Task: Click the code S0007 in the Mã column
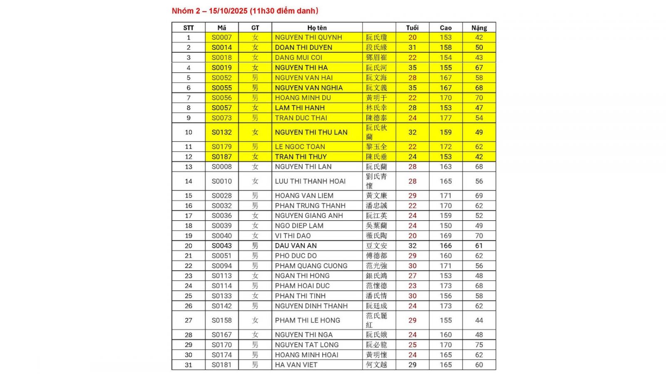(221, 37)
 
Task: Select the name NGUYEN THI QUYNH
(308, 37)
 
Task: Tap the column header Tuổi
(412, 28)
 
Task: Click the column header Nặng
(479, 28)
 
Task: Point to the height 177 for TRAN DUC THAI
(445, 118)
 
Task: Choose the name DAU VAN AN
(296, 246)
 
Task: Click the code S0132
(221, 133)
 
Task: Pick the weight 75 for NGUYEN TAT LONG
(479, 345)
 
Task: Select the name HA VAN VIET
(296, 365)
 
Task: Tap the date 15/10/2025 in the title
(228, 11)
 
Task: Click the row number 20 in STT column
(189, 246)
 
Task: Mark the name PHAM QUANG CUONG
(311, 266)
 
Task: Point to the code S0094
(221, 266)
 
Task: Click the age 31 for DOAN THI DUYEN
(412, 47)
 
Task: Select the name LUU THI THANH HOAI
(310, 181)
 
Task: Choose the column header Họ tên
(317, 28)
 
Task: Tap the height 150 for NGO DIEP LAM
(445, 226)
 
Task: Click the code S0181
(221, 365)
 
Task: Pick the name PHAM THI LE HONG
(307, 320)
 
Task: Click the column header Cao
(445, 28)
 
